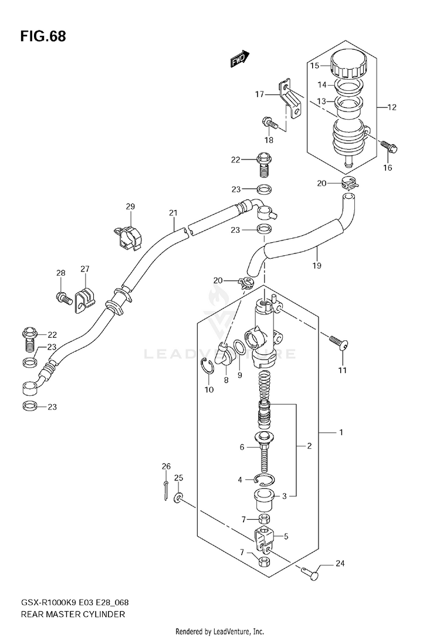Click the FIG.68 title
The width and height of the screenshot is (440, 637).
tap(43, 36)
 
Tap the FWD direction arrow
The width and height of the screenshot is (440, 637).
tap(239, 59)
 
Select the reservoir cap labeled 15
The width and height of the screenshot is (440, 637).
tap(348, 65)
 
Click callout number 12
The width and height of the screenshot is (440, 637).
tap(392, 107)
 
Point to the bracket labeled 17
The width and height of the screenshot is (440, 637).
tap(291, 98)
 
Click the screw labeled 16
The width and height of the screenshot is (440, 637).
tap(388, 147)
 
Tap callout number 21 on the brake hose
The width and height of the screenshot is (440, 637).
tap(174, 212)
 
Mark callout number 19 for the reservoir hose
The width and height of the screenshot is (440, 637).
tap(317, 265)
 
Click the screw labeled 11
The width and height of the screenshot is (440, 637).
tap(339, 342)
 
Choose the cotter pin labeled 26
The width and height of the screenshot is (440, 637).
tap(166, 490)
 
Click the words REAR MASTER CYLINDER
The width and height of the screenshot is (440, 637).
tap(73, 614)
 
